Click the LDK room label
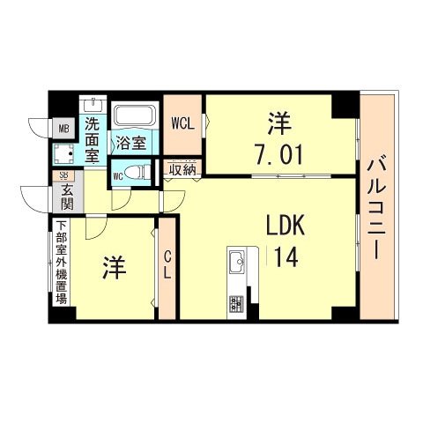tap(286, 226)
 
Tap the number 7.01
tap(278, 156)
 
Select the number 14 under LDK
tap(286, 259)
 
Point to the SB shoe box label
tap(63, 176)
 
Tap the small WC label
tap(116, 175)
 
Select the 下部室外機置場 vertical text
tap(61, 264)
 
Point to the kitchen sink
tap(236, 261)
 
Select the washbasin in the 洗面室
tap(94, 109)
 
